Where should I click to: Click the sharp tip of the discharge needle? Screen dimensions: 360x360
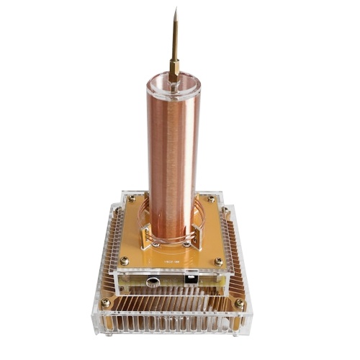click(x=174, y=10)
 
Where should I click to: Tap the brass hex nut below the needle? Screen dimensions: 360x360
click(x=174, y=70)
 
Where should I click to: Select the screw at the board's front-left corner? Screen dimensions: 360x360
click(x=124, y=261)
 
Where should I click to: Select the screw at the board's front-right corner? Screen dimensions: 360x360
click(x=218, y=261)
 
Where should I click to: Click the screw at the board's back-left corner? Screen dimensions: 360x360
click(x=132, y=199)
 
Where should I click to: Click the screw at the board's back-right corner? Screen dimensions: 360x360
click(x=210, y=199)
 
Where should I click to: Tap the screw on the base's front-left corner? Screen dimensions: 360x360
click(x=106, y=303)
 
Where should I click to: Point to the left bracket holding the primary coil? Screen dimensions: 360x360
click(x=144, y=234)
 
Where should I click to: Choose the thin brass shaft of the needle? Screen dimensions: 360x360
click(x=174, y=40)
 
